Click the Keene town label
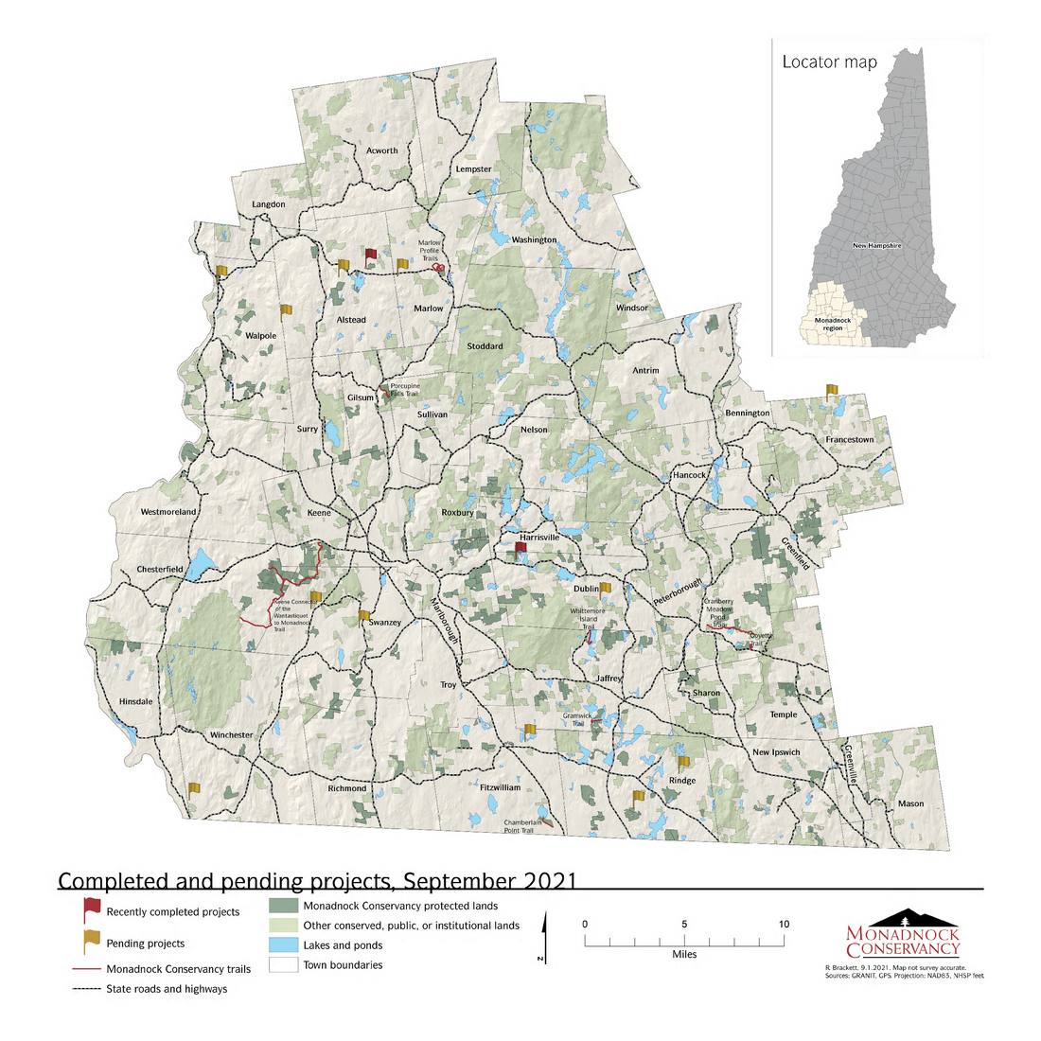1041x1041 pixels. pyautogui.click(x=319, y=512)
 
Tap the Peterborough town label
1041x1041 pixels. pyautogui.click(x=678, y=592)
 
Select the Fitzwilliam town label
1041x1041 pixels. pyautogui.click(x=500, y=787)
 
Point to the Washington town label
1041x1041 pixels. pyautogui.click(x=534, y=239)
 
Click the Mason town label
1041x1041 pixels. pyautogui.click(x=910, y=803)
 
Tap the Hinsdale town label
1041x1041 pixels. pyautogui.click(x=135, y=701)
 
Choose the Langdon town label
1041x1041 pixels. pyautogui.click(x=268, y=204)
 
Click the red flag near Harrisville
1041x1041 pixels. pyautogui.click(x=520, y=549)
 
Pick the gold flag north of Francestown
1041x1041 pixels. pyautogui.click(x=832, y=391)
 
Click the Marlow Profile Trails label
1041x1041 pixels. pyautogui.click(x=430, y=251)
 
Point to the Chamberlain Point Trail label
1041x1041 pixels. pyautogui.click(x=522, y=826)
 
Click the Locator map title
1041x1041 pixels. pyautogui.click(x=829, y=62)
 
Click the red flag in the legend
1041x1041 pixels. pyautogui.click(x=91, y=909)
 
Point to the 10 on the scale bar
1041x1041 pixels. pyautogui.click(x=783, y=924)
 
